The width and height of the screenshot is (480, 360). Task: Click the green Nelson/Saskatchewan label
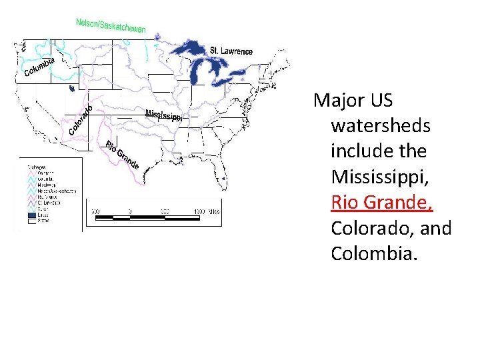coord(111,25)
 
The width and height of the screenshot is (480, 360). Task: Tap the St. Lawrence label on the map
coord(231,51)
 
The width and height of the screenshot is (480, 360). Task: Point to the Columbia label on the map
coord(39,67)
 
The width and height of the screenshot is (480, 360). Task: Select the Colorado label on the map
coord(81,119)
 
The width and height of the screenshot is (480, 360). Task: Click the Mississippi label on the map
coord(163,115)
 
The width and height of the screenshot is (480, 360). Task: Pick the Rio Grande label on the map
coord(121,155)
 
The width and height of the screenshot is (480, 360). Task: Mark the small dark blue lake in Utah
coord(71,87)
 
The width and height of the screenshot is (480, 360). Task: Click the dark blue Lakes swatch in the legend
coord(32,216)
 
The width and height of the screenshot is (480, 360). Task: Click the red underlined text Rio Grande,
coord(382,202)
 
